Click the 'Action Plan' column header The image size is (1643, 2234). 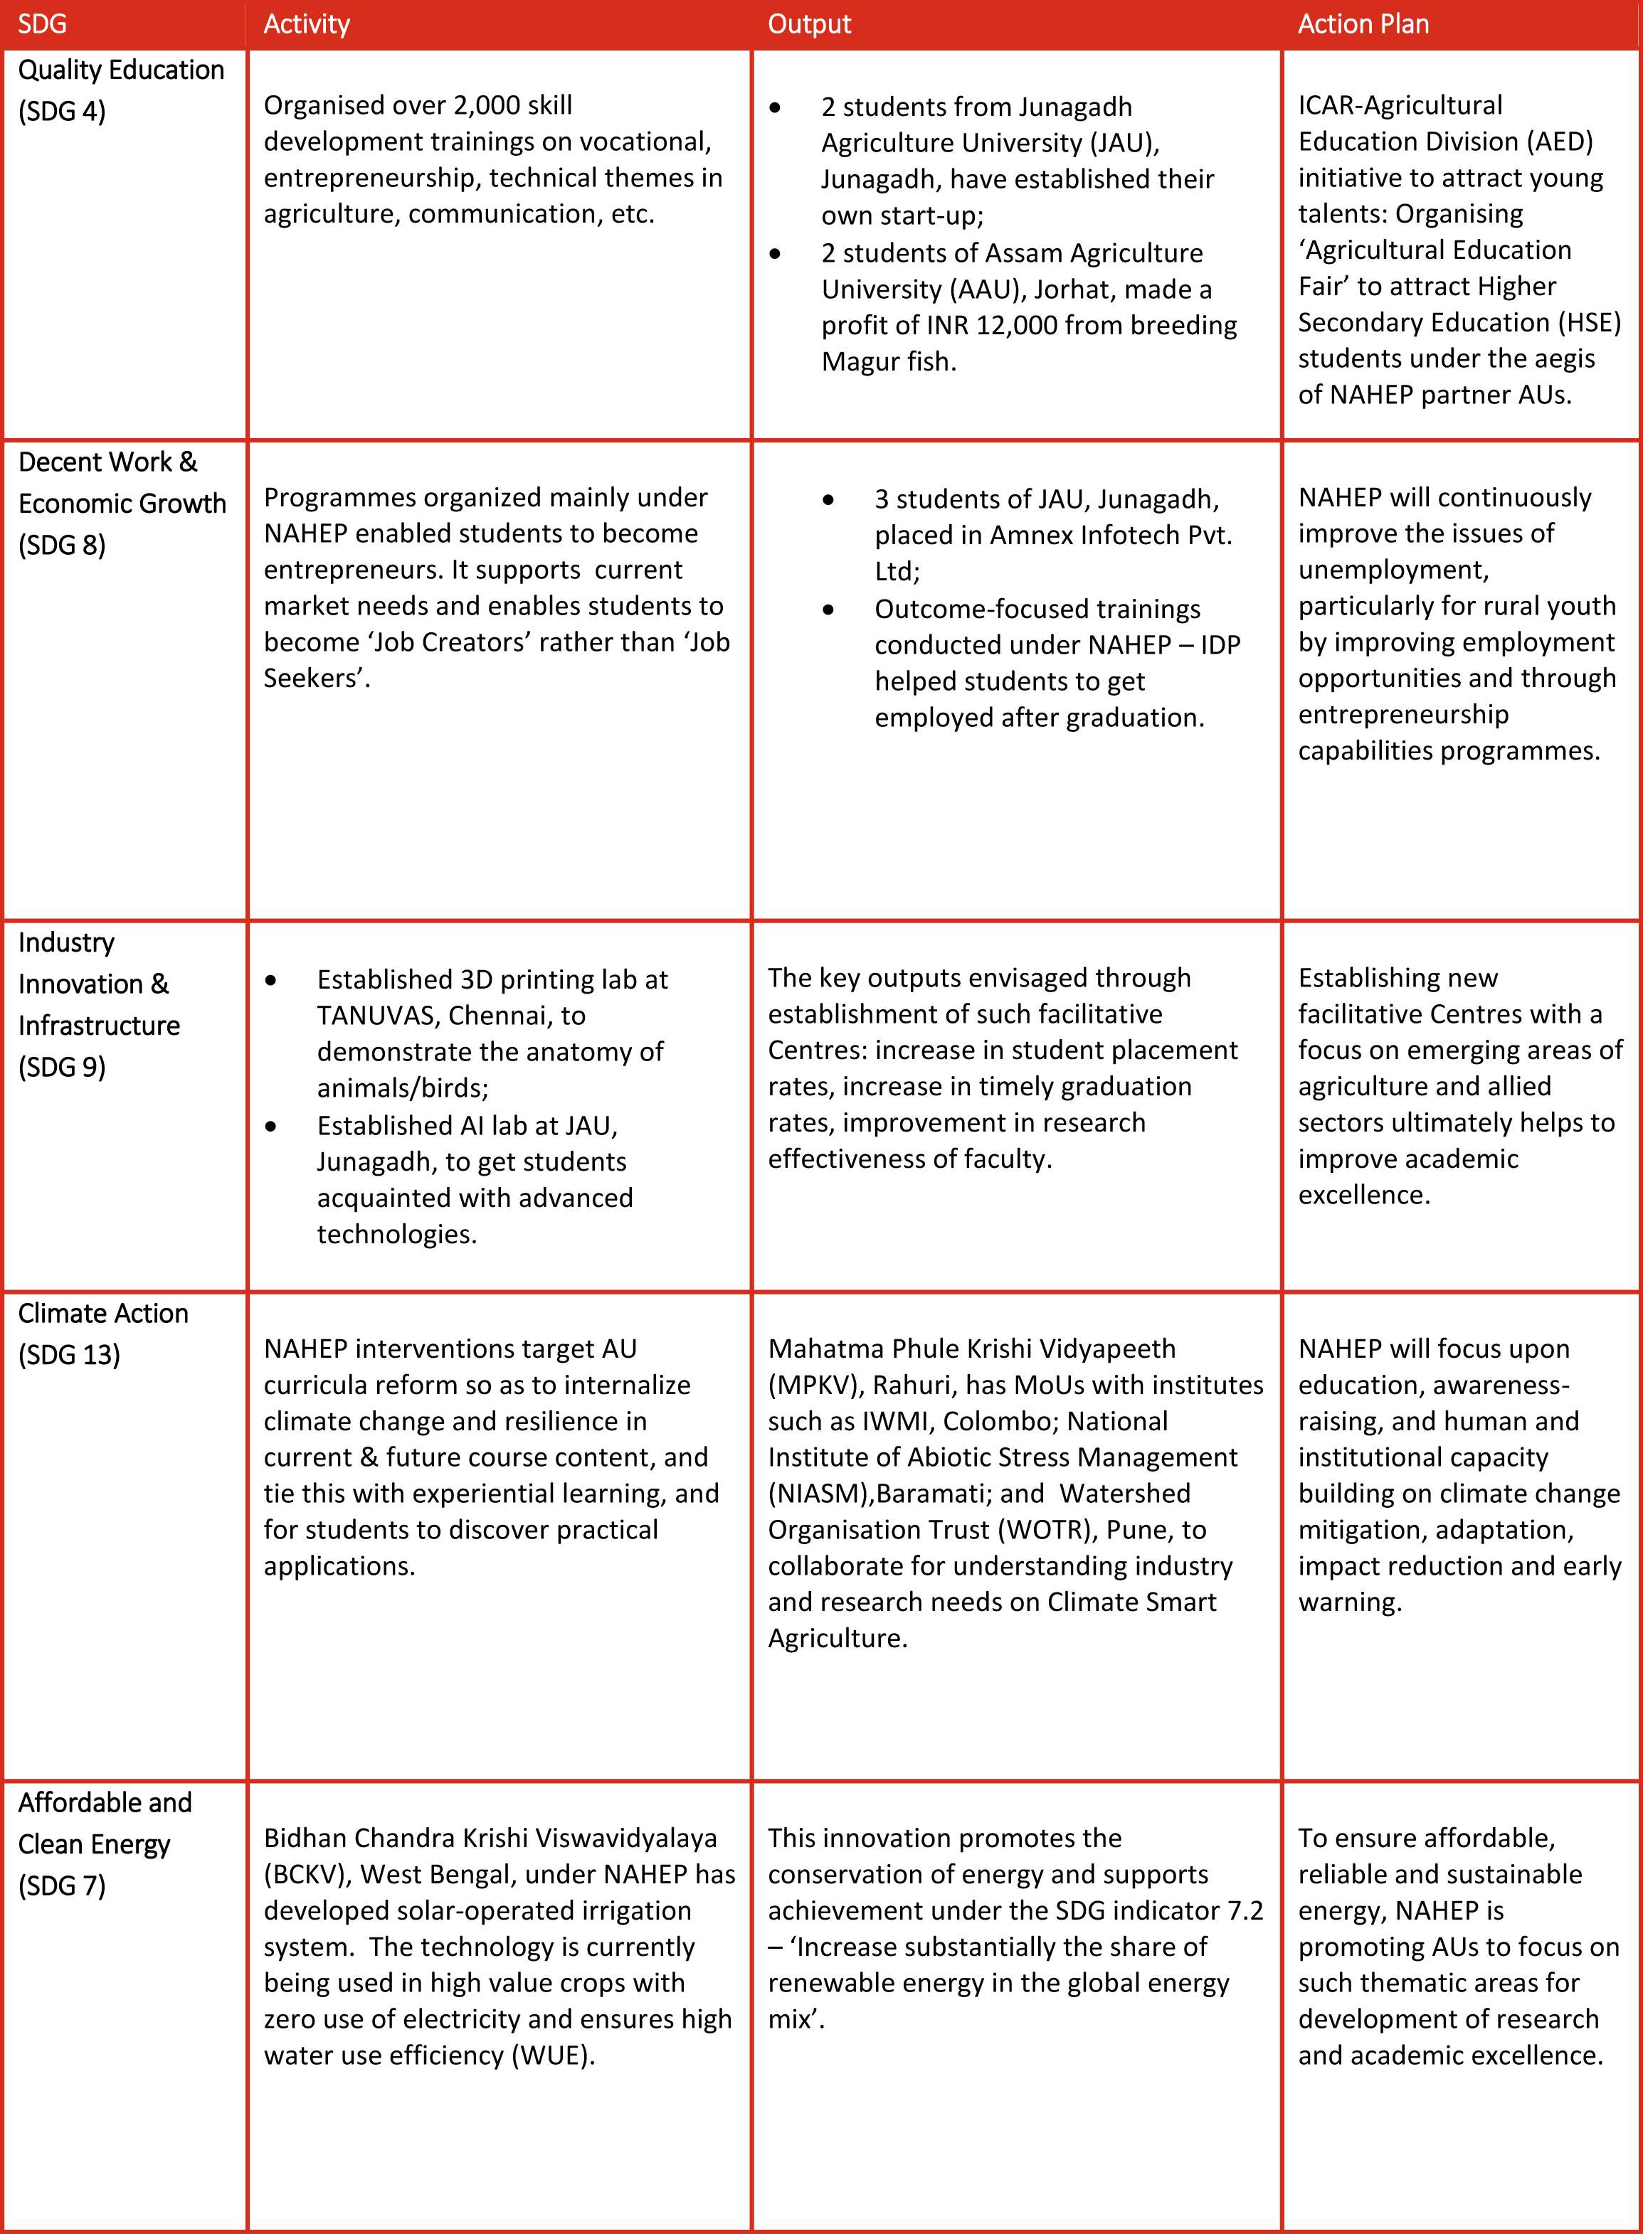coord(1363,25)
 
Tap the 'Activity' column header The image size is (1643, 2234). coord(306,25)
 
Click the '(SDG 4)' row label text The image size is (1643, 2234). coord(62,112)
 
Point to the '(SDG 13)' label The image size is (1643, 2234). coord(68,1355)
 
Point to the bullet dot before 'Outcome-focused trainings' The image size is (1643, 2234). coord(828,610)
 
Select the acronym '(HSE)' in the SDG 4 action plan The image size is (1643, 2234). coord(1590,322)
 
